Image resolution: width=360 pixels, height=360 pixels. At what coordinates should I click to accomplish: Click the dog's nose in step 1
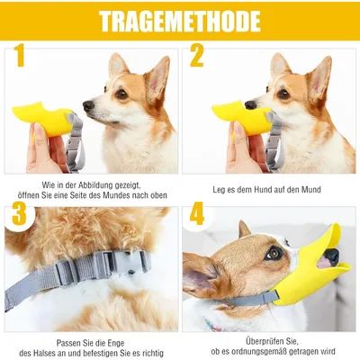[x=88, y=106]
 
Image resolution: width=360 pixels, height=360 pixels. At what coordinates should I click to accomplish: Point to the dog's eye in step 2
[x=283, y=94]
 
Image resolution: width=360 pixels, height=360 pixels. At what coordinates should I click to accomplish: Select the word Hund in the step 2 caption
[x=274, y=190]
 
